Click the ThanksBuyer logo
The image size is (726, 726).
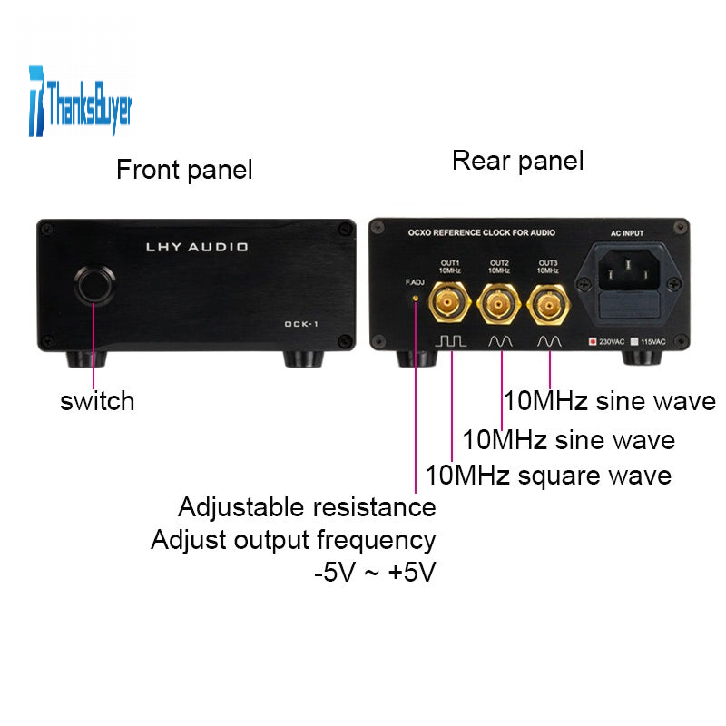tap(81, 102)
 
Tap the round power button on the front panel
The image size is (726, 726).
tap(95, 285)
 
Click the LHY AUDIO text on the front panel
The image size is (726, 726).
tap(197, 247)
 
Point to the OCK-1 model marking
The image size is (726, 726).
tap(301, 324)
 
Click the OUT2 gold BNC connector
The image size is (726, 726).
tap(498, 304)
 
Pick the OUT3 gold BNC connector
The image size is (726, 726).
tap(549, 305)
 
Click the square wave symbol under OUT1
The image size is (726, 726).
tap(450, 342)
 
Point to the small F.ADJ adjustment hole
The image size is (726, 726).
tap(416, 299)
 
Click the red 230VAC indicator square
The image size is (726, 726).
tap(593, 341)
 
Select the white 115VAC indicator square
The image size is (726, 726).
tap(634, 341)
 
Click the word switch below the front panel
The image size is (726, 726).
tap(97, 401)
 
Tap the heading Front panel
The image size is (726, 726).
tap(184, 170)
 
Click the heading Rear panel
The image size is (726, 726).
tap(517, 162)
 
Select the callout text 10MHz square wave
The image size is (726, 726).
tap(548, 476)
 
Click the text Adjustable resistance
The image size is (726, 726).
tap(307, 507)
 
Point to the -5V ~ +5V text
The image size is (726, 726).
tap(375, 572)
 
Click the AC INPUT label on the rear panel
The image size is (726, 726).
tap(627, 233)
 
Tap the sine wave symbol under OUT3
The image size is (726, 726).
tap(549, 342)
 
